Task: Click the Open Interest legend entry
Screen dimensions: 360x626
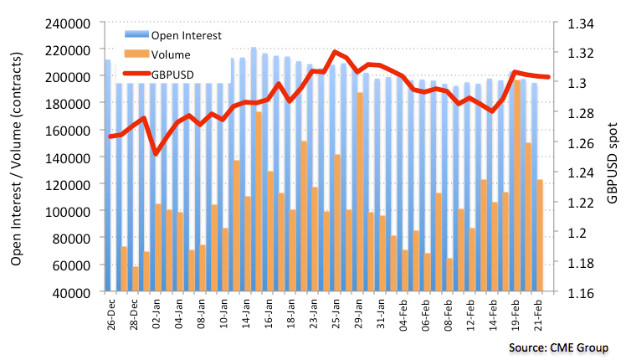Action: point(185,35)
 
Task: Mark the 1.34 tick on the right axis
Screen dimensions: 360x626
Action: point(580,23)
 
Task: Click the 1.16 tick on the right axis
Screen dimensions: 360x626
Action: point(580,292)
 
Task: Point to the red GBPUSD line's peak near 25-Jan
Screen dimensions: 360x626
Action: point(335,52)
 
